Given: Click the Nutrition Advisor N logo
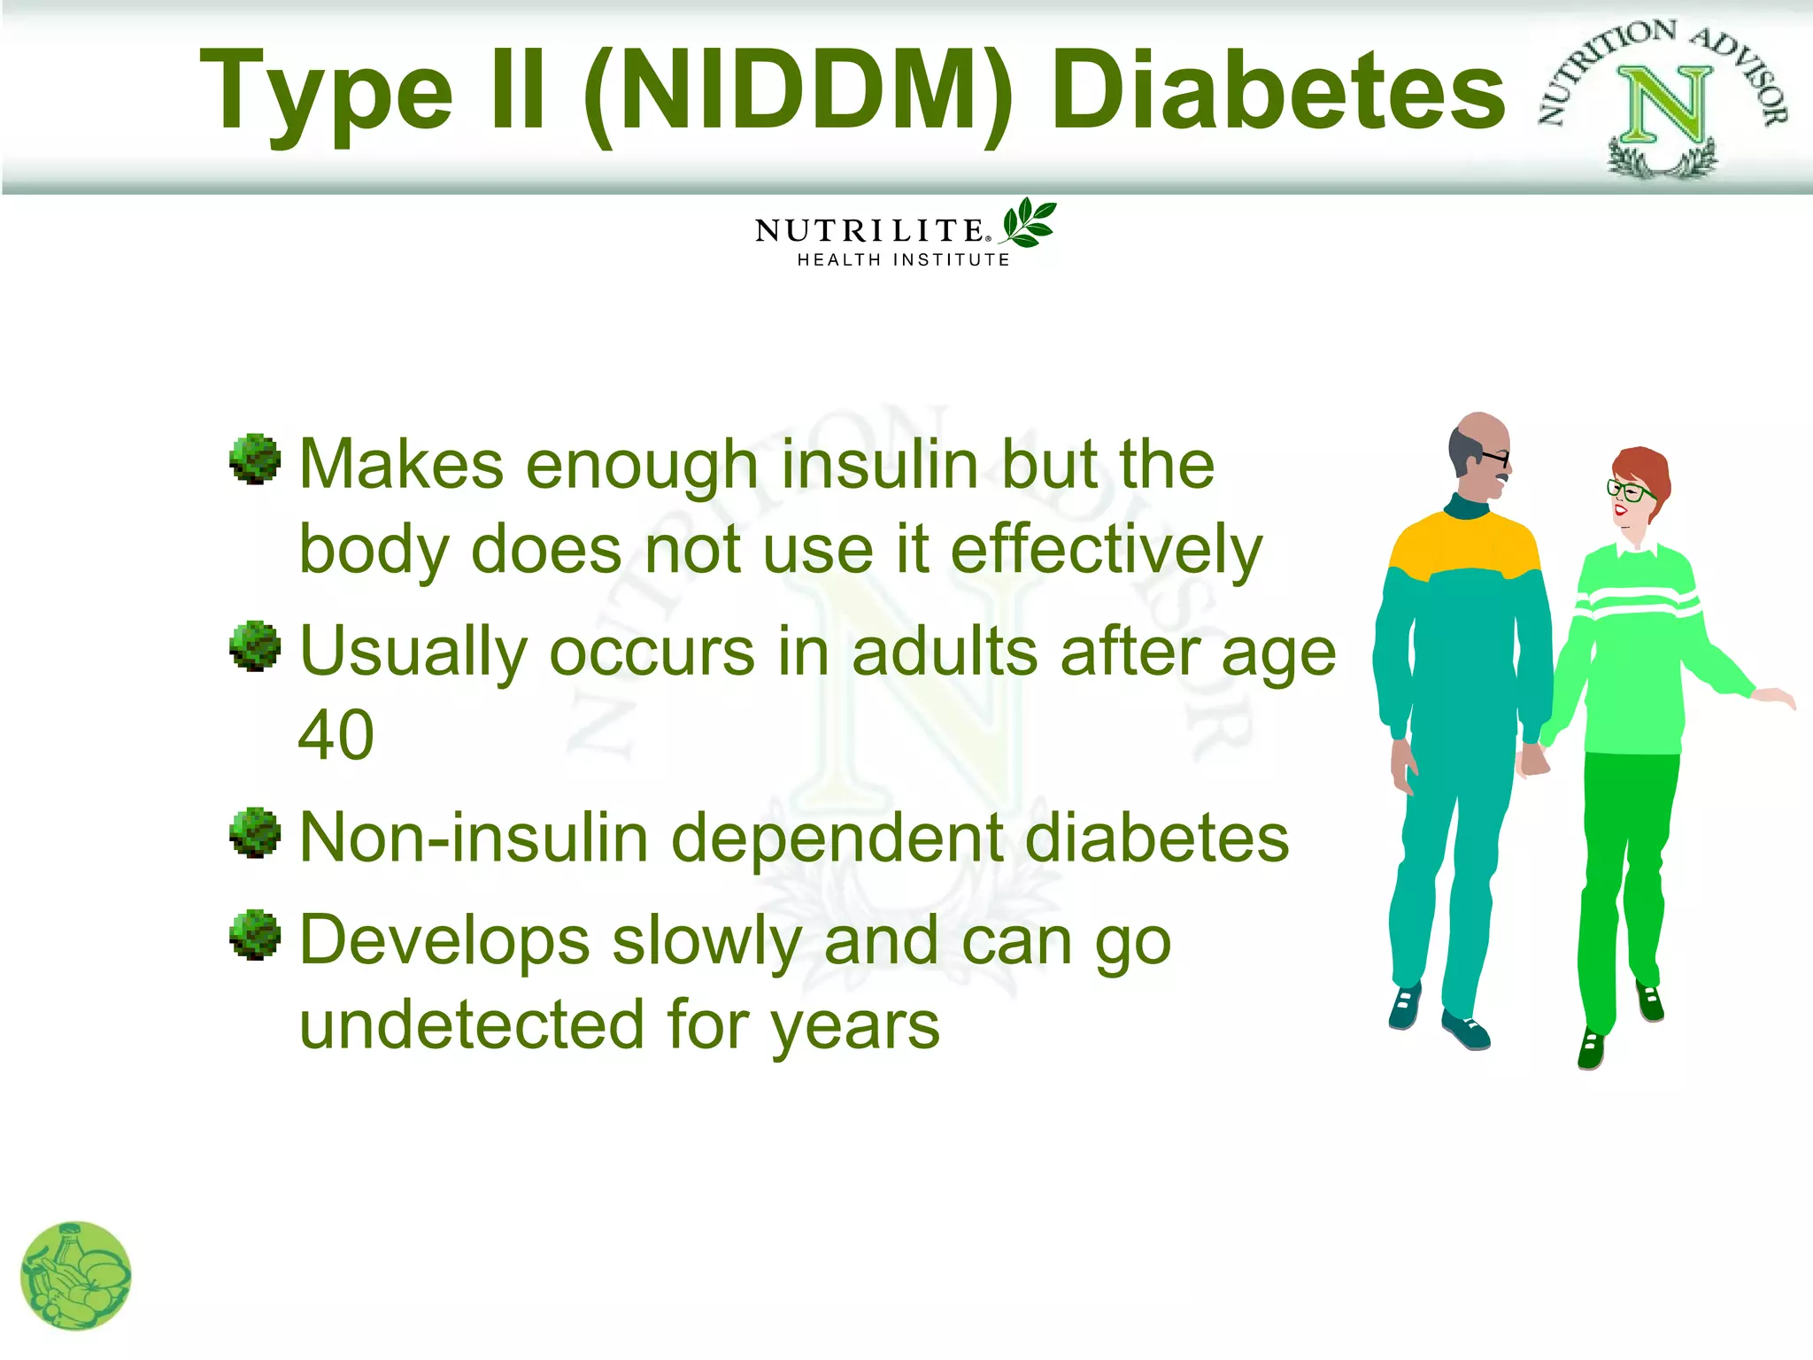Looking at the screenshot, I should (x=1663, y=99).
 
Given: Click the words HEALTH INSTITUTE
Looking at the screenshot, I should (x=903, y=260).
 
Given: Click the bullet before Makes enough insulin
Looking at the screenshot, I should (x=255, y=459).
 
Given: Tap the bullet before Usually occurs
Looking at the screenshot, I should (x=255, y=645).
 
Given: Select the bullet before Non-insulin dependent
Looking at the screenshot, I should (x=255, y=832).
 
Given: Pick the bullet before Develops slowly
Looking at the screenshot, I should (x=255, y=934).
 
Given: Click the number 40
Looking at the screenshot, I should (x=336, y=735).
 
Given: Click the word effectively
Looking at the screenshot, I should (x=1107, y=550).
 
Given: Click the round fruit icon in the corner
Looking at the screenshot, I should (x=76, y=1276).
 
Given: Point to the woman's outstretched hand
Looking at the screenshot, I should (x=1774, y=697).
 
